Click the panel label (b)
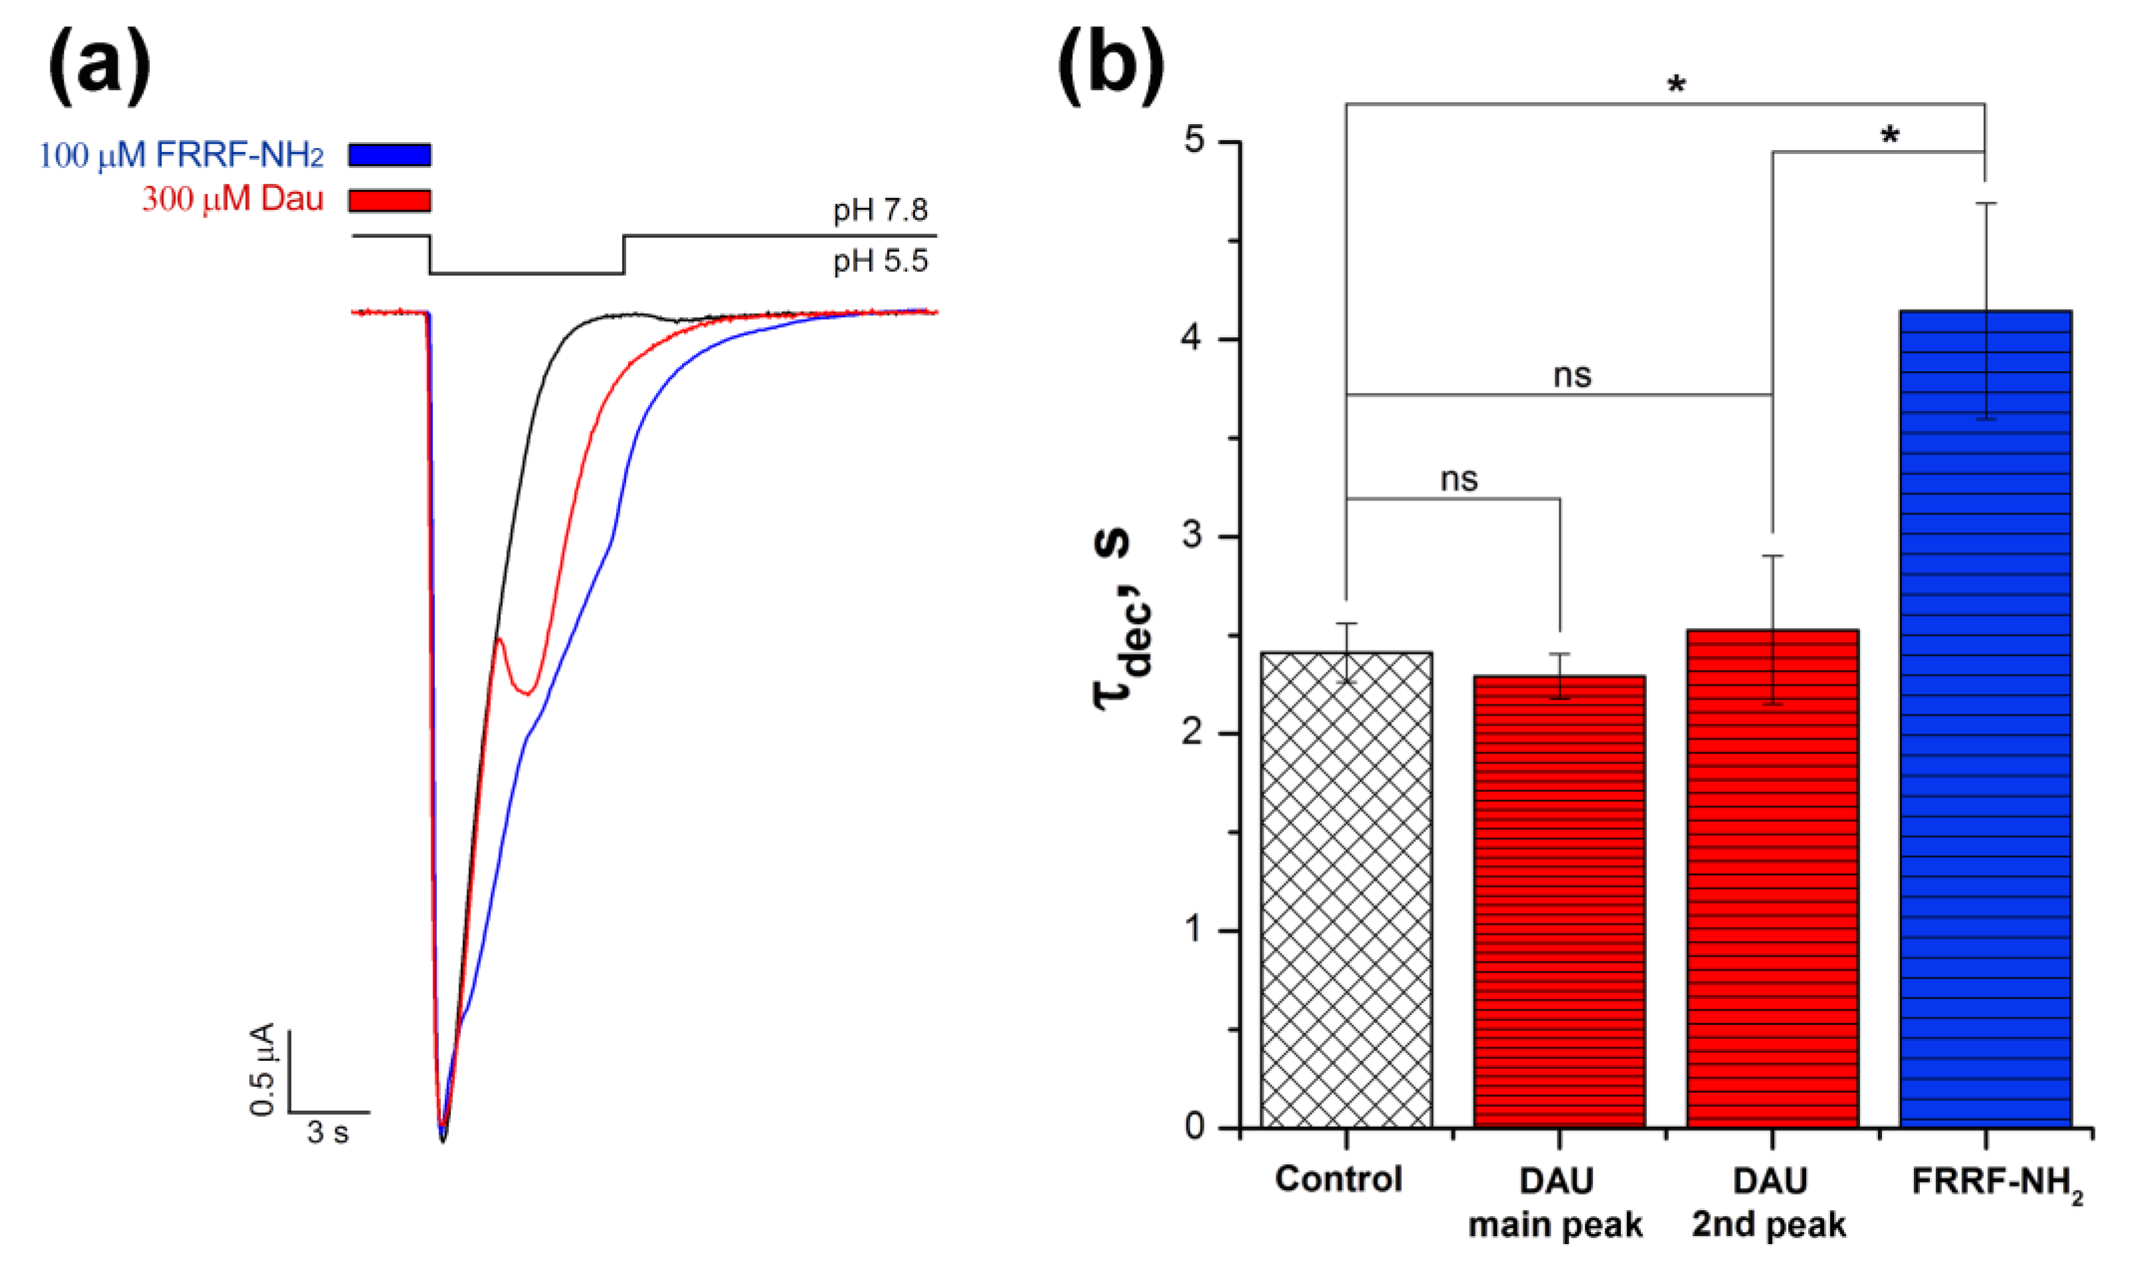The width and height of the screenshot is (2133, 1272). pyautogui.click(x=1111, y=64)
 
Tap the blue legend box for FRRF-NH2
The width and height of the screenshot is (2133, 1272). pyautogui.click(x=389, y=155)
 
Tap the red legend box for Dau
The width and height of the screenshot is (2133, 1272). pyautogui.click(x=389, y=200)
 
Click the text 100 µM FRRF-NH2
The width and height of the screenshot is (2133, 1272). pyautogui.click(x=181, y=155)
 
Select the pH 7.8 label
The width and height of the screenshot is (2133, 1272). pyautogui.click(x=880, y=210)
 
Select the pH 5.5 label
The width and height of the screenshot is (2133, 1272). pyautogui.click(x=880, y=260)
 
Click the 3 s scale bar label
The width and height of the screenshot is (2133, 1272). pyautogui.click(x=328, y=1134)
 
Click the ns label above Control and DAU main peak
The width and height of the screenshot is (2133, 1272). pyautogui.click(x=1458, y=479)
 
